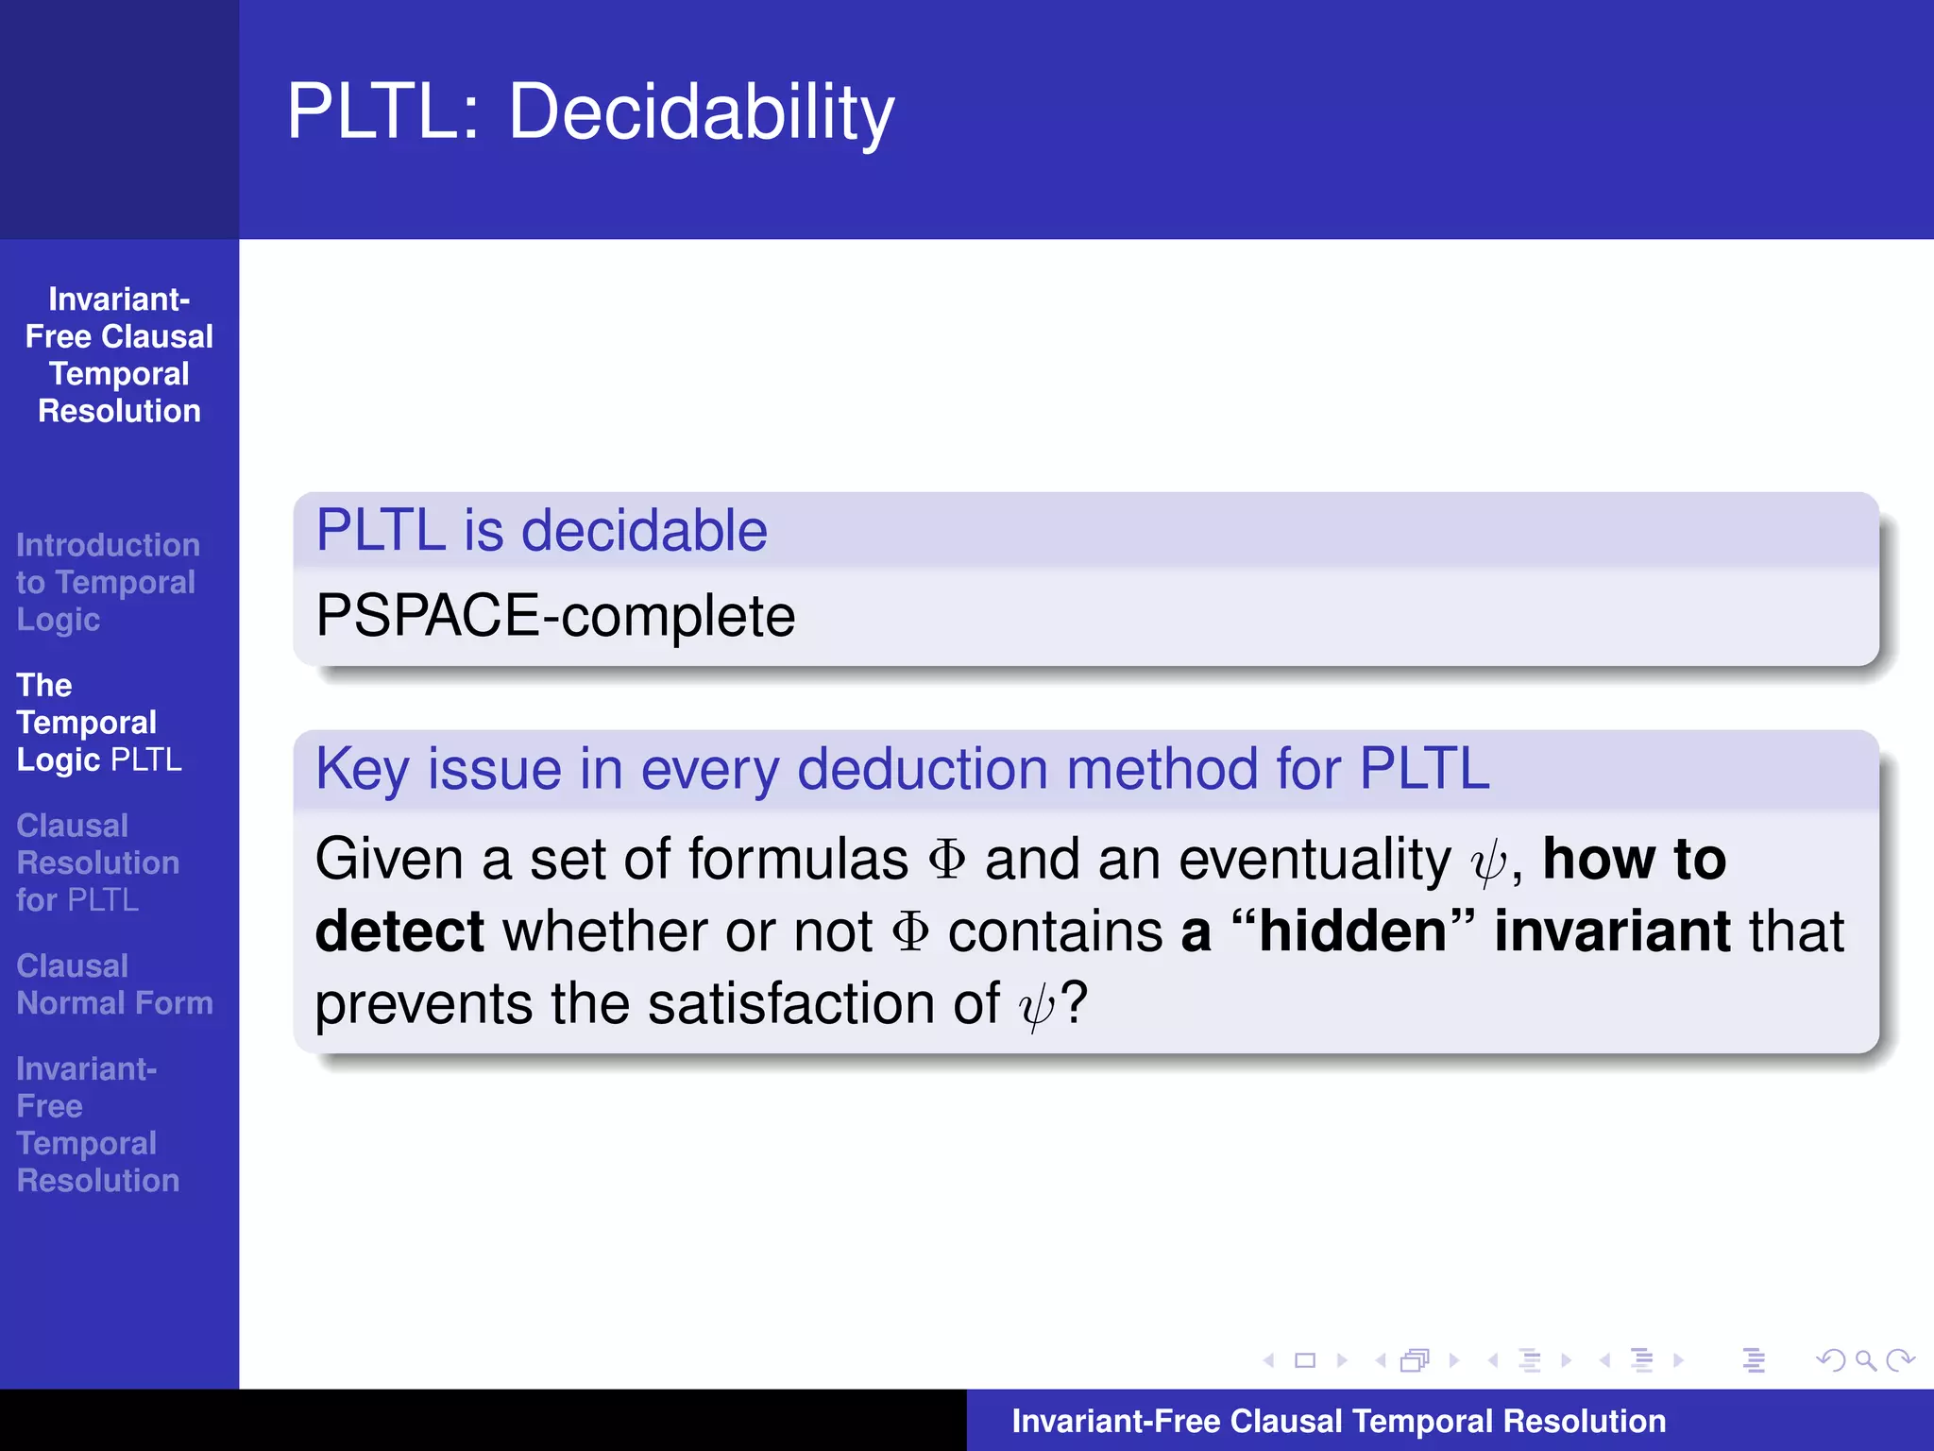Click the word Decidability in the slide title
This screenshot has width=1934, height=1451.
(x=701, y=113)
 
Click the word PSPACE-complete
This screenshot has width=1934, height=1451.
(x=555, y=616)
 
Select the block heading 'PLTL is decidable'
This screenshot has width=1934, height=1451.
(x=541, y=530)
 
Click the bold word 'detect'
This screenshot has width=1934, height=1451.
(x=399, y=931)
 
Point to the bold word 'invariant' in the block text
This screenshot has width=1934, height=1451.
(x=1612, y=931)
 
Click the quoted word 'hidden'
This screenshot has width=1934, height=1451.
(x=1352, y=931)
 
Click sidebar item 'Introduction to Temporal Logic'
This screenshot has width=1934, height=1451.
(x=106, y=582)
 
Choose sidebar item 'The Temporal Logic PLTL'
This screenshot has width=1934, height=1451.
(x=98, y=723)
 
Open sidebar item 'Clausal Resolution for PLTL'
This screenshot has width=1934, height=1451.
(x=97, y=862)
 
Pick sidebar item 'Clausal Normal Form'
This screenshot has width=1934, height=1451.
(x=114, y=984)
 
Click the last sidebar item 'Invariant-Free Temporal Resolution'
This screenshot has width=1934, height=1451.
(x=97, y=1124)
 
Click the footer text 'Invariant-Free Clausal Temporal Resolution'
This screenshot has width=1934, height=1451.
(x=1338, y=1421)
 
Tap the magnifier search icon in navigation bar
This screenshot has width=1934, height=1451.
(x=1865, y=1360)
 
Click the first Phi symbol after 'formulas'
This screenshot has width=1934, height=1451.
(x=946, y=860)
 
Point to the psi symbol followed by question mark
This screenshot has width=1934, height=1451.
(x=1036, y=1005)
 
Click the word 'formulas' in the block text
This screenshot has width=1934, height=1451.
(x=797, y=860)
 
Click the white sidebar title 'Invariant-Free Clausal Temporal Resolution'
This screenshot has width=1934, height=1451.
(x=119, y=355)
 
